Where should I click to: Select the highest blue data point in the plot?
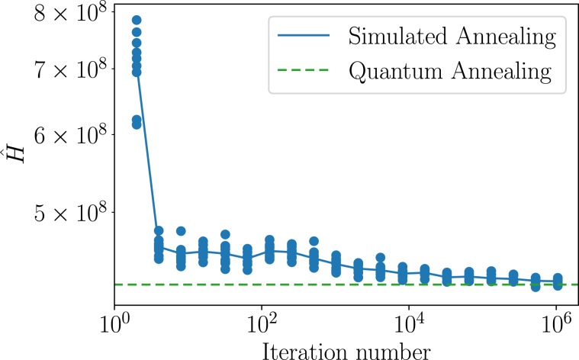point(137,20)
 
